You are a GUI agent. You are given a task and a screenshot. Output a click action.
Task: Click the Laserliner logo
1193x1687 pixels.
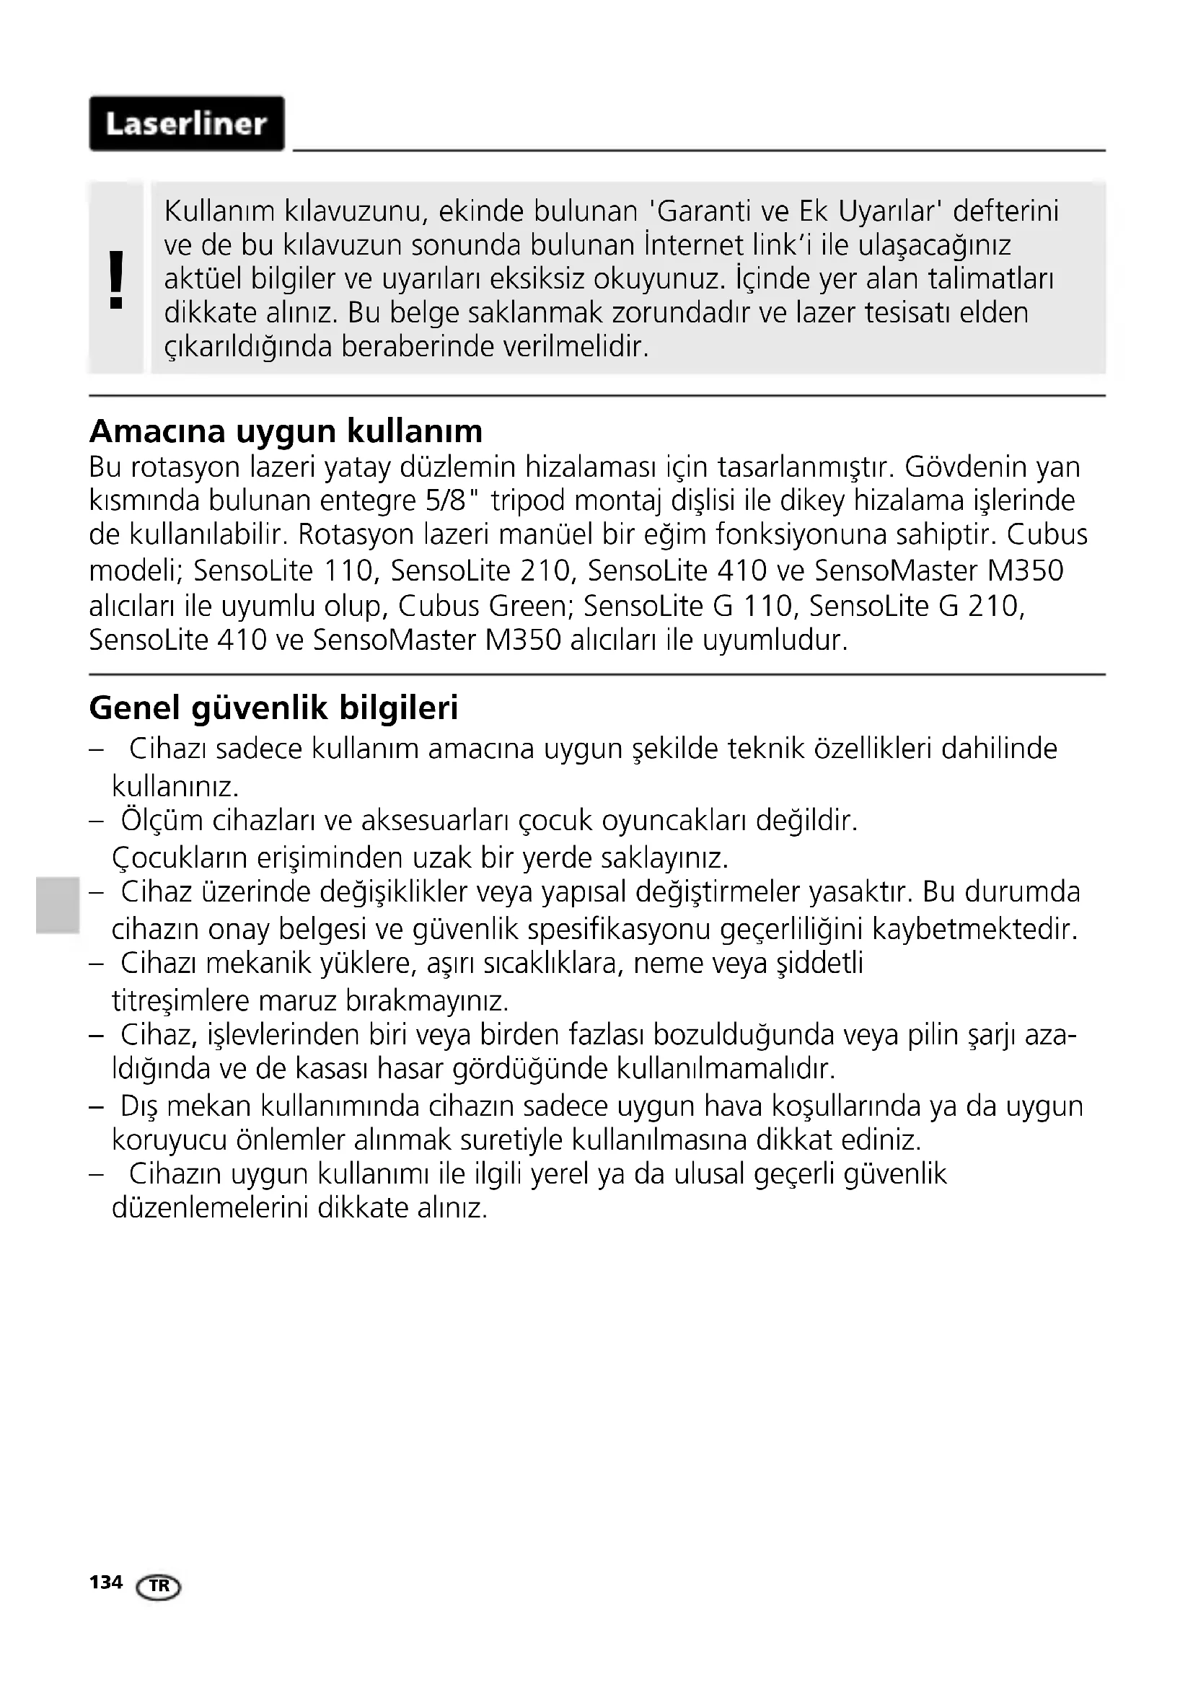click(x=187, y=123)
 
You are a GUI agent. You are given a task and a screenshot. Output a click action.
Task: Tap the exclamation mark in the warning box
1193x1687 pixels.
click(x=116, y=279)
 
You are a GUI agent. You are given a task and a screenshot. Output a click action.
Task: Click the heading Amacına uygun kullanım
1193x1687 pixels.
click(x=286, y=431)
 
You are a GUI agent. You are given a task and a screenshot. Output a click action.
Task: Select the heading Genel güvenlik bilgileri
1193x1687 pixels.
click(x=273, y=708)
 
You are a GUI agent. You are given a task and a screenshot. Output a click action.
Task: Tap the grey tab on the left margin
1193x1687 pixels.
click(x=57, y=904)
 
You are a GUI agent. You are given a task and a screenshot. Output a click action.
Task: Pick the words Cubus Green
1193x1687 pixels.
click(x=485, y=606)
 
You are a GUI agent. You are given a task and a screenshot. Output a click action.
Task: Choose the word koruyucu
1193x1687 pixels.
click(x=169, y=1140)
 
